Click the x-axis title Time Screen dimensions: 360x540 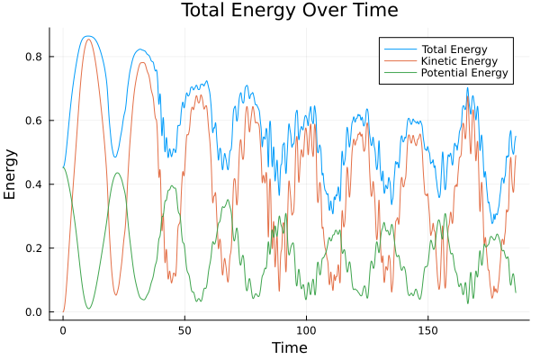click(289, 347)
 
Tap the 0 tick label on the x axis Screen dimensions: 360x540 click(63, 329)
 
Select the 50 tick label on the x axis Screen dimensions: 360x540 click(184, 329)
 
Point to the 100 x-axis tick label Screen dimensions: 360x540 click(306, 329)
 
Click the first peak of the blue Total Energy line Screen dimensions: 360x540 click(87, 36)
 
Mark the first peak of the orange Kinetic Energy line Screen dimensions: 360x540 click(87, 39)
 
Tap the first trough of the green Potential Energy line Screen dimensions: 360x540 click(88, 309)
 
